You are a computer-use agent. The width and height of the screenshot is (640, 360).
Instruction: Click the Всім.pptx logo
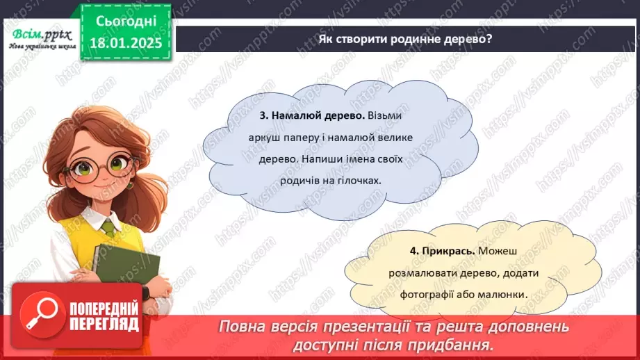coord(40,35)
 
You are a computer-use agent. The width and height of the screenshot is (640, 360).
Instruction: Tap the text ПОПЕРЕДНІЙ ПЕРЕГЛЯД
coord(104,316)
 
